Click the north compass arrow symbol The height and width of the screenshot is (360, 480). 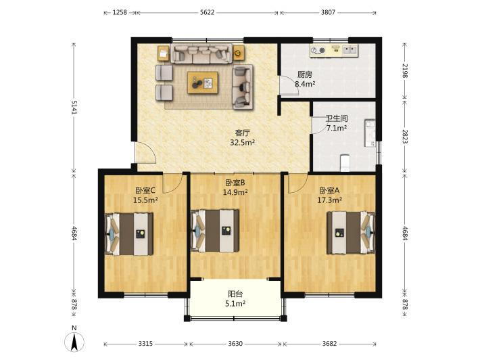coord(74,341)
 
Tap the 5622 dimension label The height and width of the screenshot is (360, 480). coord(208,13)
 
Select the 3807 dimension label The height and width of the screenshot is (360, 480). coord(328,13)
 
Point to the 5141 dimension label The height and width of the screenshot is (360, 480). coord(74,107)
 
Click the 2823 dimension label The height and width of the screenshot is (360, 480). coord(405,137)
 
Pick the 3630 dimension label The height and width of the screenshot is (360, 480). coord(235,344)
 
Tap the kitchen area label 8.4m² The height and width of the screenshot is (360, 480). coord(305,83)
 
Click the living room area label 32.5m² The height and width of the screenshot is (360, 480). coord(243,142)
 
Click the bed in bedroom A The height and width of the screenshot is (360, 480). coord(351,233)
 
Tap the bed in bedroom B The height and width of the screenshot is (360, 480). coord(215,231)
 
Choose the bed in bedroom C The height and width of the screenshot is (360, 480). coord(129,234)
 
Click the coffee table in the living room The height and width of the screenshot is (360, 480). coord(203,83)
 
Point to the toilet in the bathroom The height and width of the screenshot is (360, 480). coord(345,162)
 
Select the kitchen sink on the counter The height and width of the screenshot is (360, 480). coord(350,49)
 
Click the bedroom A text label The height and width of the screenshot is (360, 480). coord(329,191)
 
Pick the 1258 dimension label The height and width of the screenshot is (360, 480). coord(120,13)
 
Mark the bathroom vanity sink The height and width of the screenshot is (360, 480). coord(370,133)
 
